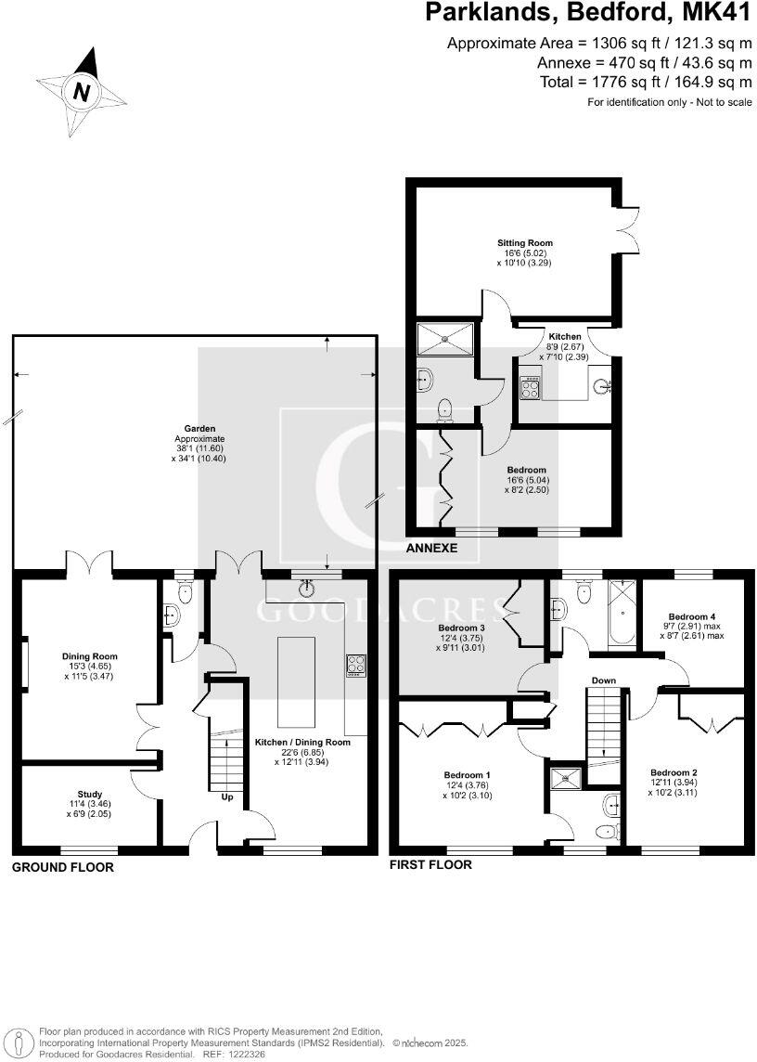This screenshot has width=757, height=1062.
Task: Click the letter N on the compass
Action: (83, 92)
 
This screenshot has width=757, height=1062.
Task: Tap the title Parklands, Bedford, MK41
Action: (587, 13)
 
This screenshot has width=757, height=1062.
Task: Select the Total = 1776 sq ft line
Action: (646, 82)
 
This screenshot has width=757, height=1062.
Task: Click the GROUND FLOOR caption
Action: (62, 867)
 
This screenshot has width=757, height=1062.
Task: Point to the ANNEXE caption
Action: (431, 549)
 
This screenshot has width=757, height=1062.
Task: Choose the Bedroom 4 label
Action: (693, 616)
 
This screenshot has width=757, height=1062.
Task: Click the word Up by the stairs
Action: (226, 796)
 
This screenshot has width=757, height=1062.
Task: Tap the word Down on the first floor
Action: (604, 680)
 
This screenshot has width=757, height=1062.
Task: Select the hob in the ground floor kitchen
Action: (356, 665)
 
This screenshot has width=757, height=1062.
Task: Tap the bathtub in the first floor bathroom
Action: (619, 613)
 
